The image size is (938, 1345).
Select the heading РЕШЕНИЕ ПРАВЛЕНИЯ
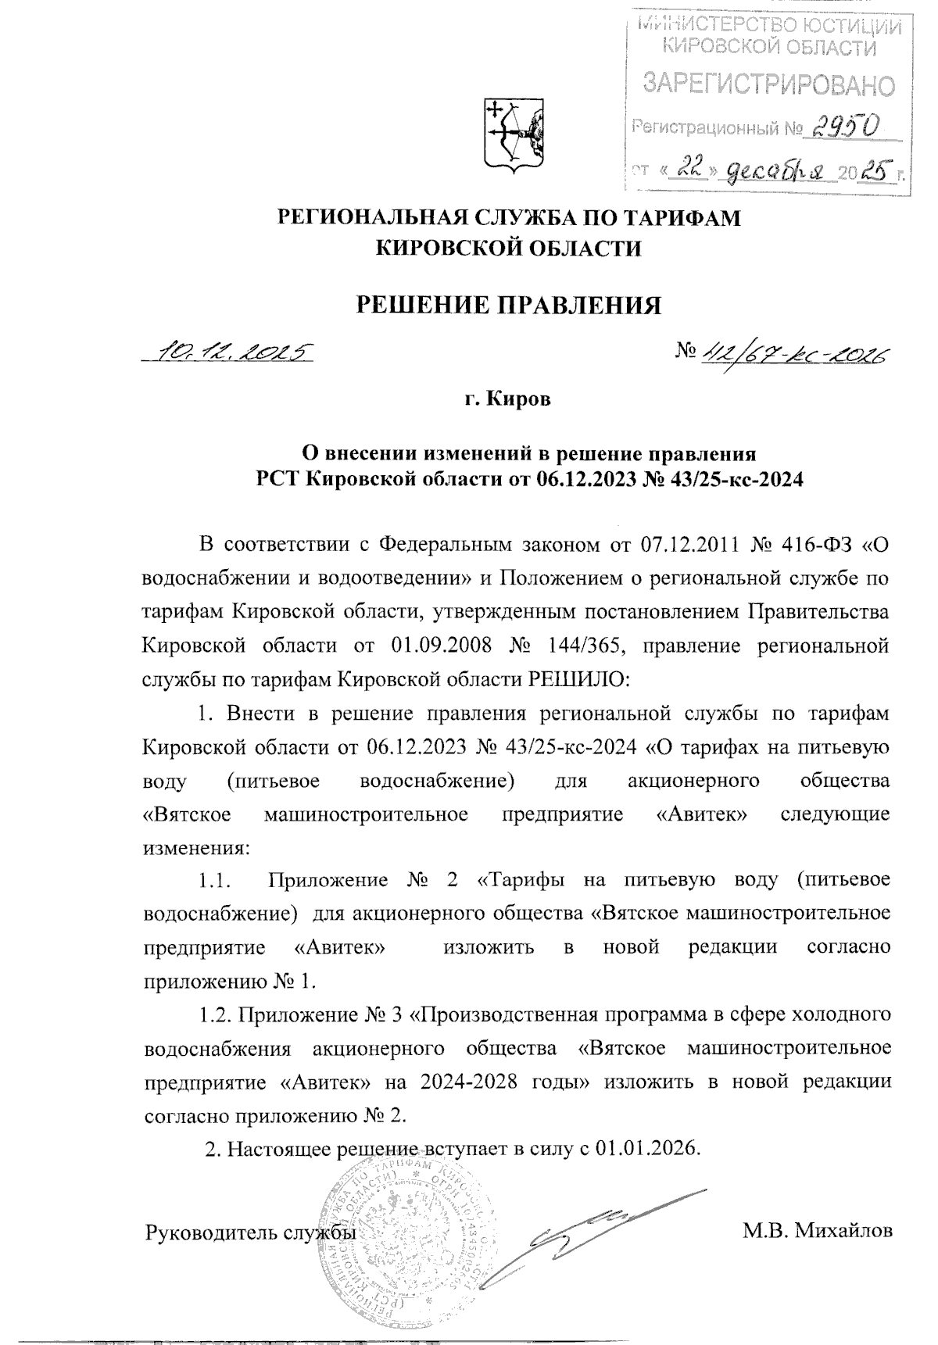click(509, 304)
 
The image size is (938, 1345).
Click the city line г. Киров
click(508, 399)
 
